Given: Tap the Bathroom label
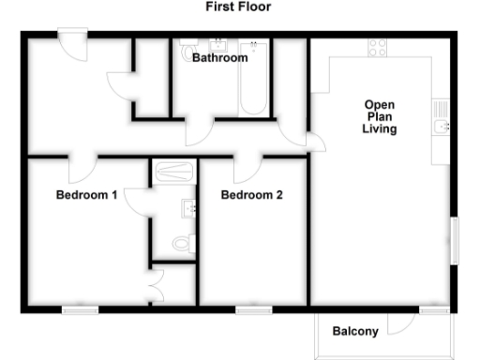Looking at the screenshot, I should tap(220, 58).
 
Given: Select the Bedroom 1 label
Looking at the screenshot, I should tap(86, 196).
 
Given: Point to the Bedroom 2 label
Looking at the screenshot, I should tap(251, 196).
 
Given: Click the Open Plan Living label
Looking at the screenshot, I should tap(380, 116).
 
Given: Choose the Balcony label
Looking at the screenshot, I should tap(355, 331).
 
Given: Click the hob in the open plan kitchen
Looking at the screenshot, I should tap(379, 47).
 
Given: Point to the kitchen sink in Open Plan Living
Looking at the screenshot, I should tap(442, 125).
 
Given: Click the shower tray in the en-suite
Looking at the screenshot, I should tap(173, 171).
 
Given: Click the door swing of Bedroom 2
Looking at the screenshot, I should tap(247, 170).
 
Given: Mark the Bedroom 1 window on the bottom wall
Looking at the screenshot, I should tap(81, 308).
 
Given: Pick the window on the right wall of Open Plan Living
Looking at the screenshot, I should tap(456, 239).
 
